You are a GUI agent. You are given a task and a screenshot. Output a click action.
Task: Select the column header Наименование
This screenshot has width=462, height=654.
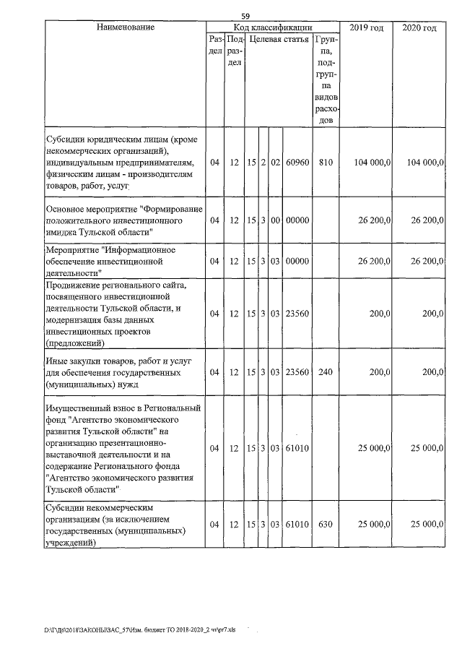125,27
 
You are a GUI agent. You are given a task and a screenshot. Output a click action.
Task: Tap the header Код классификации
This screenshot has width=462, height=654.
272,27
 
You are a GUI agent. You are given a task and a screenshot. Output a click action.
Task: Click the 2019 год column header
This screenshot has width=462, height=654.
366,27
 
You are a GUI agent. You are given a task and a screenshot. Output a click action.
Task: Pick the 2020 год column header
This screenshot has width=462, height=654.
418,27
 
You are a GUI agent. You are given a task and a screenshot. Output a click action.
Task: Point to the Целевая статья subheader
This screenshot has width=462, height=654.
279,39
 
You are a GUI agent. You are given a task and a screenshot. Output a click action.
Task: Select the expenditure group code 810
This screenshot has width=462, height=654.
326,163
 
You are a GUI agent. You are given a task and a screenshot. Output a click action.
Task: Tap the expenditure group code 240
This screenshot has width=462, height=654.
326,373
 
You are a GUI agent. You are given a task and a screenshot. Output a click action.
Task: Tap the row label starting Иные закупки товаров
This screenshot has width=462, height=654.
120,373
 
